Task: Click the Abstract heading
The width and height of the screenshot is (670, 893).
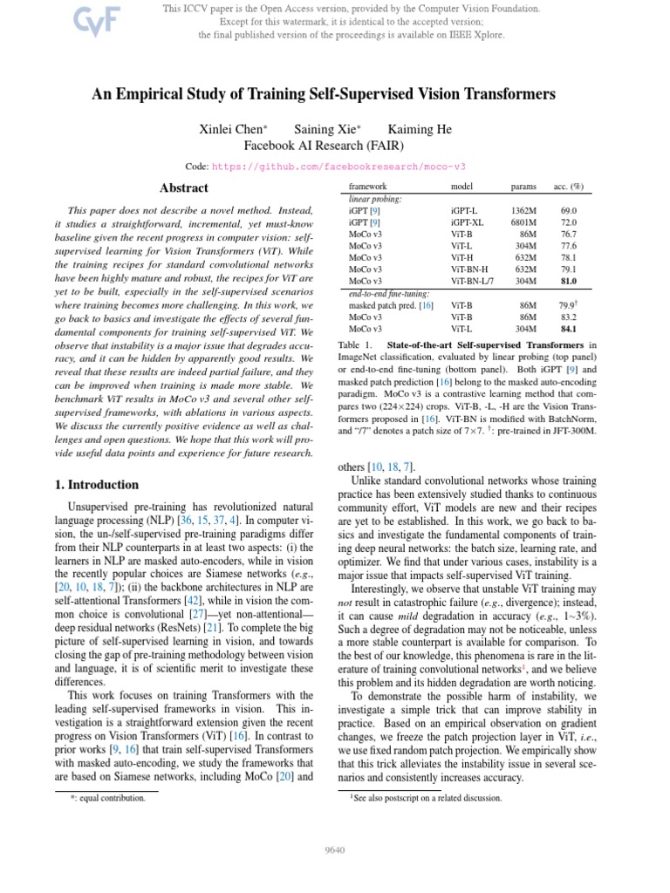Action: (184, 188)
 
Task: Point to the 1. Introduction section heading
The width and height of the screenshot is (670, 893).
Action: (91, 485)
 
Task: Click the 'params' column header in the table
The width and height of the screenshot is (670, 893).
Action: (523, 187)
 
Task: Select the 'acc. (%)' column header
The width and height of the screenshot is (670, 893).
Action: (568, 187)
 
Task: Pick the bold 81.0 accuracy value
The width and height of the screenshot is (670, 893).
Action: (569, 281)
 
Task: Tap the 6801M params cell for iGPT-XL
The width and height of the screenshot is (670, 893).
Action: (523, 223)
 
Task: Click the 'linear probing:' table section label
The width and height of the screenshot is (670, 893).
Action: (376, 199)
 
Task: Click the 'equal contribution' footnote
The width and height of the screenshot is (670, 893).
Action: (108, 797)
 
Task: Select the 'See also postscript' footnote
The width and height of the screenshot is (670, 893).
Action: (427, 797)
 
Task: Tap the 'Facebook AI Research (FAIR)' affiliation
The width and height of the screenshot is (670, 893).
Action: (335, 146)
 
